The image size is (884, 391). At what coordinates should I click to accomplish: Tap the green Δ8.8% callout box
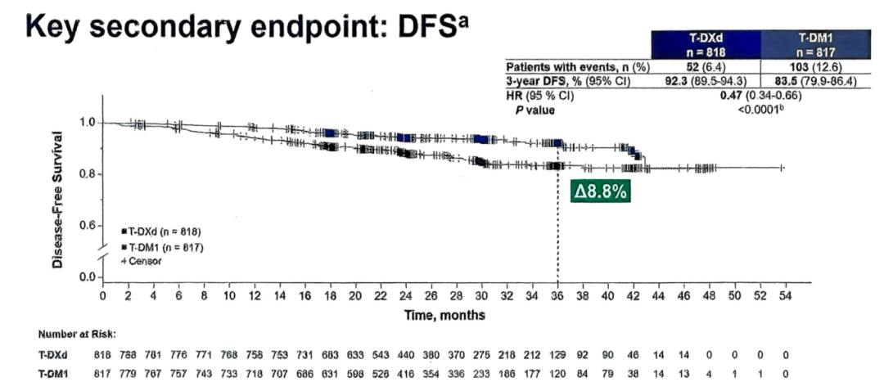pyautogui.click(x=601, y=191)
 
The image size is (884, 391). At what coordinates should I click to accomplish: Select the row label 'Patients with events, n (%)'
pyautogui.click(x=578, y=68)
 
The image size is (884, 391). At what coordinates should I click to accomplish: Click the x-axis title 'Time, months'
pyautogui.click(x=444, y=314)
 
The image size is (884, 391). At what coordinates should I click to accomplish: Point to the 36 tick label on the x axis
pyautogui.click(x=557, y=295)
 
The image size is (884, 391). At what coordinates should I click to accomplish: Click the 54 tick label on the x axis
pyautogui.click(x=785, y=295)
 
